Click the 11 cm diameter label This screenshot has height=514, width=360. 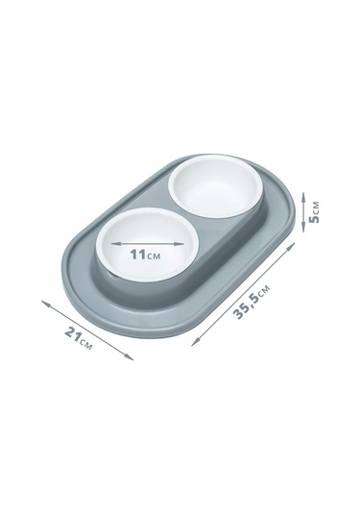tap(146, 255)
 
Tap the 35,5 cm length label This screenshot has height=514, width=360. tap(252, 302)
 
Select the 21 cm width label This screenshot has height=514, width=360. tap(79, 338)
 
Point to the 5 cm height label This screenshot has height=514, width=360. tap(315, 211)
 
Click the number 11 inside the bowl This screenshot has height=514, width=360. tap(137, 255)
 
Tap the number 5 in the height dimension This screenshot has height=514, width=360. tap(315, 218)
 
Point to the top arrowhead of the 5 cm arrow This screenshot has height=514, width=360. tap(303, 197)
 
